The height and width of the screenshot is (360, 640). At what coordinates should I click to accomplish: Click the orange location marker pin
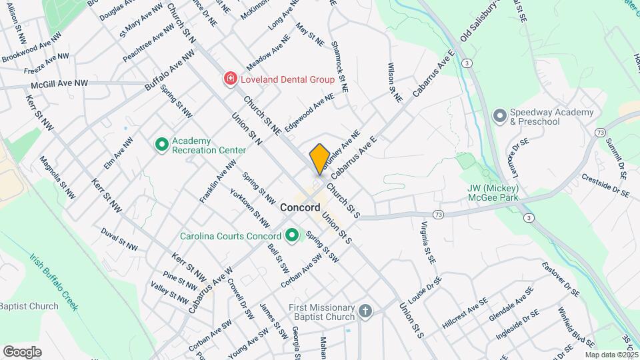point(320,159)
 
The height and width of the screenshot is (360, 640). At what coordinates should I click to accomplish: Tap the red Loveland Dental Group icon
point(230,79)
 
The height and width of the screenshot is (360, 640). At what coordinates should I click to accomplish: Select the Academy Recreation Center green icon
point(161,144)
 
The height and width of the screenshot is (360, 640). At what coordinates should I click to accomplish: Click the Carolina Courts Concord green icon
point(291,236)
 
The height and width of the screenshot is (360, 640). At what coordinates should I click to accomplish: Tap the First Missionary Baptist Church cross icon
point(365,311)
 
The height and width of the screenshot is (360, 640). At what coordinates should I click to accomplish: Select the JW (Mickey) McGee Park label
point(493,193)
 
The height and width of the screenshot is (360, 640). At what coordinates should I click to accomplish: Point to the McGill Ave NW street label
point(59,84)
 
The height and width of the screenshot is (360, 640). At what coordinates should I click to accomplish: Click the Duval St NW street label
point(119,240)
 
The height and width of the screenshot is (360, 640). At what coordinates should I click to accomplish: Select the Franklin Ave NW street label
point(218,181)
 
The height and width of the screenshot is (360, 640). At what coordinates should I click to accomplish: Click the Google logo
point(22,351)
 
